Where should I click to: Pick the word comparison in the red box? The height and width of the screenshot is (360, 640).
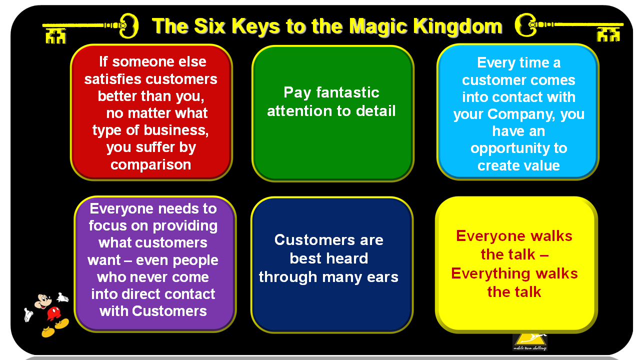(151, 164)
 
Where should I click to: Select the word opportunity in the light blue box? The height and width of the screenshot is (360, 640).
(518, 148)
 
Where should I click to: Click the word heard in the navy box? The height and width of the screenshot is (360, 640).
(345, 258)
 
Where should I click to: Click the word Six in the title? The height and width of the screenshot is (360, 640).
(228, 25)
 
